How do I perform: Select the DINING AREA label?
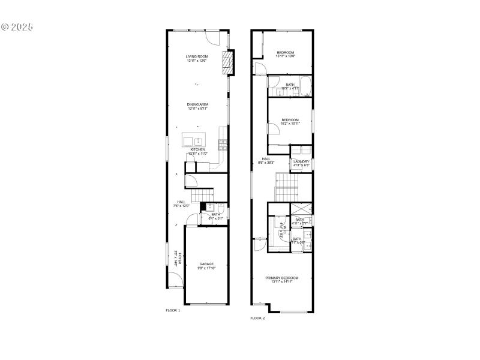[197, 106]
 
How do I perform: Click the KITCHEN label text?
[197, 149]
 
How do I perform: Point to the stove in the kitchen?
[223, 144]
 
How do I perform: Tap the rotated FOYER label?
[176, 258]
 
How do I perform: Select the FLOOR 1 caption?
[173, 310]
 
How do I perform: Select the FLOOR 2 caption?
[257, 318]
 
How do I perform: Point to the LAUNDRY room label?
[301, 163]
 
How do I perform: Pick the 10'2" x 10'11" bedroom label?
[290, 122]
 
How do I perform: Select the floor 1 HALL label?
[181, 203]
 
